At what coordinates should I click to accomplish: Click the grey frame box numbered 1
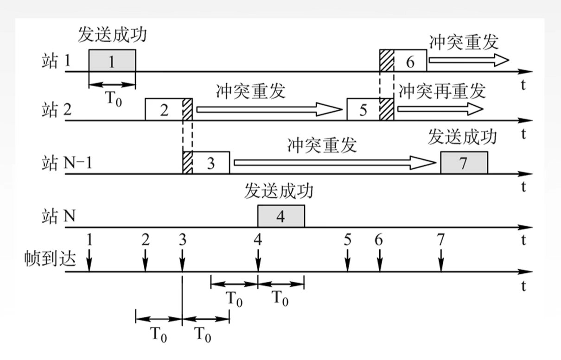pos(112,61)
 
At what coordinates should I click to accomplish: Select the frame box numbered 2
pos(164,110)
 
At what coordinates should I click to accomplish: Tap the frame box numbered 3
pos(210,163)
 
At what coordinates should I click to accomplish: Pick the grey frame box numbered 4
pos(281,216)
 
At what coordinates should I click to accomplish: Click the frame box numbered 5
pos(363,110)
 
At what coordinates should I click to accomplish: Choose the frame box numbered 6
pos(410,61)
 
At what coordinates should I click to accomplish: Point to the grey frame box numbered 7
pos(464,163)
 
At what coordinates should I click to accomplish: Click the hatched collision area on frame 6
pos(386,61)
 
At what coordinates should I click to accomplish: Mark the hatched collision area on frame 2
pos(187,110)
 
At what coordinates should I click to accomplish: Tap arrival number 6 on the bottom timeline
pos(379,240)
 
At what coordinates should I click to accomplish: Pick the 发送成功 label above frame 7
pos(462,137)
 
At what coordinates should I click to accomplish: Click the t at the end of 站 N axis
pos(523,240)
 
